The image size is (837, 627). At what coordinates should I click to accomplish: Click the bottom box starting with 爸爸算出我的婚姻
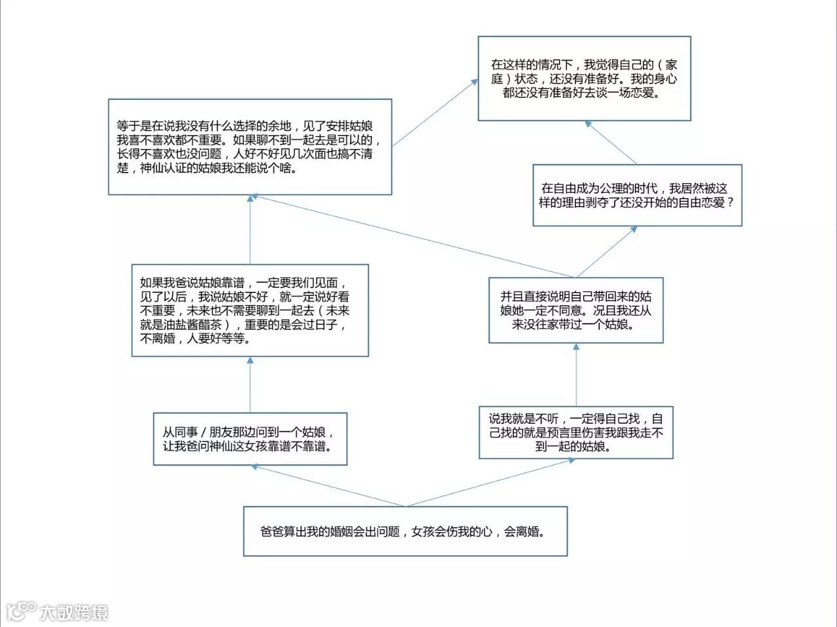pos(405,531)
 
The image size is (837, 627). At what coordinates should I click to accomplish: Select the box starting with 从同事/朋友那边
pos(250,439)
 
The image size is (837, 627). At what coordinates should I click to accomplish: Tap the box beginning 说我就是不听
pos(575,432)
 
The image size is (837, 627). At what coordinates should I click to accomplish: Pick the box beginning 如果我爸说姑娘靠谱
pos(250,310)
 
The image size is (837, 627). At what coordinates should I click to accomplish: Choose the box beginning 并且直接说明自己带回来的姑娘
pos(575,310)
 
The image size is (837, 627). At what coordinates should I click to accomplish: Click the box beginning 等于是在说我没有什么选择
pos(250,146)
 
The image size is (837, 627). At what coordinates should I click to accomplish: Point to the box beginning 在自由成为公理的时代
pos(637,195)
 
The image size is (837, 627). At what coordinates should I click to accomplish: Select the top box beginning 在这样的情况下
pos(584,78)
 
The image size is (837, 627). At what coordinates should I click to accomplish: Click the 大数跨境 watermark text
pos(73,613)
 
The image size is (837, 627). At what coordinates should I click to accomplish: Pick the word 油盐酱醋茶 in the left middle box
pos(190,325)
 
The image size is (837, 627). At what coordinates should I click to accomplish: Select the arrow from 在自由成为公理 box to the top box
pos(611,143)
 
